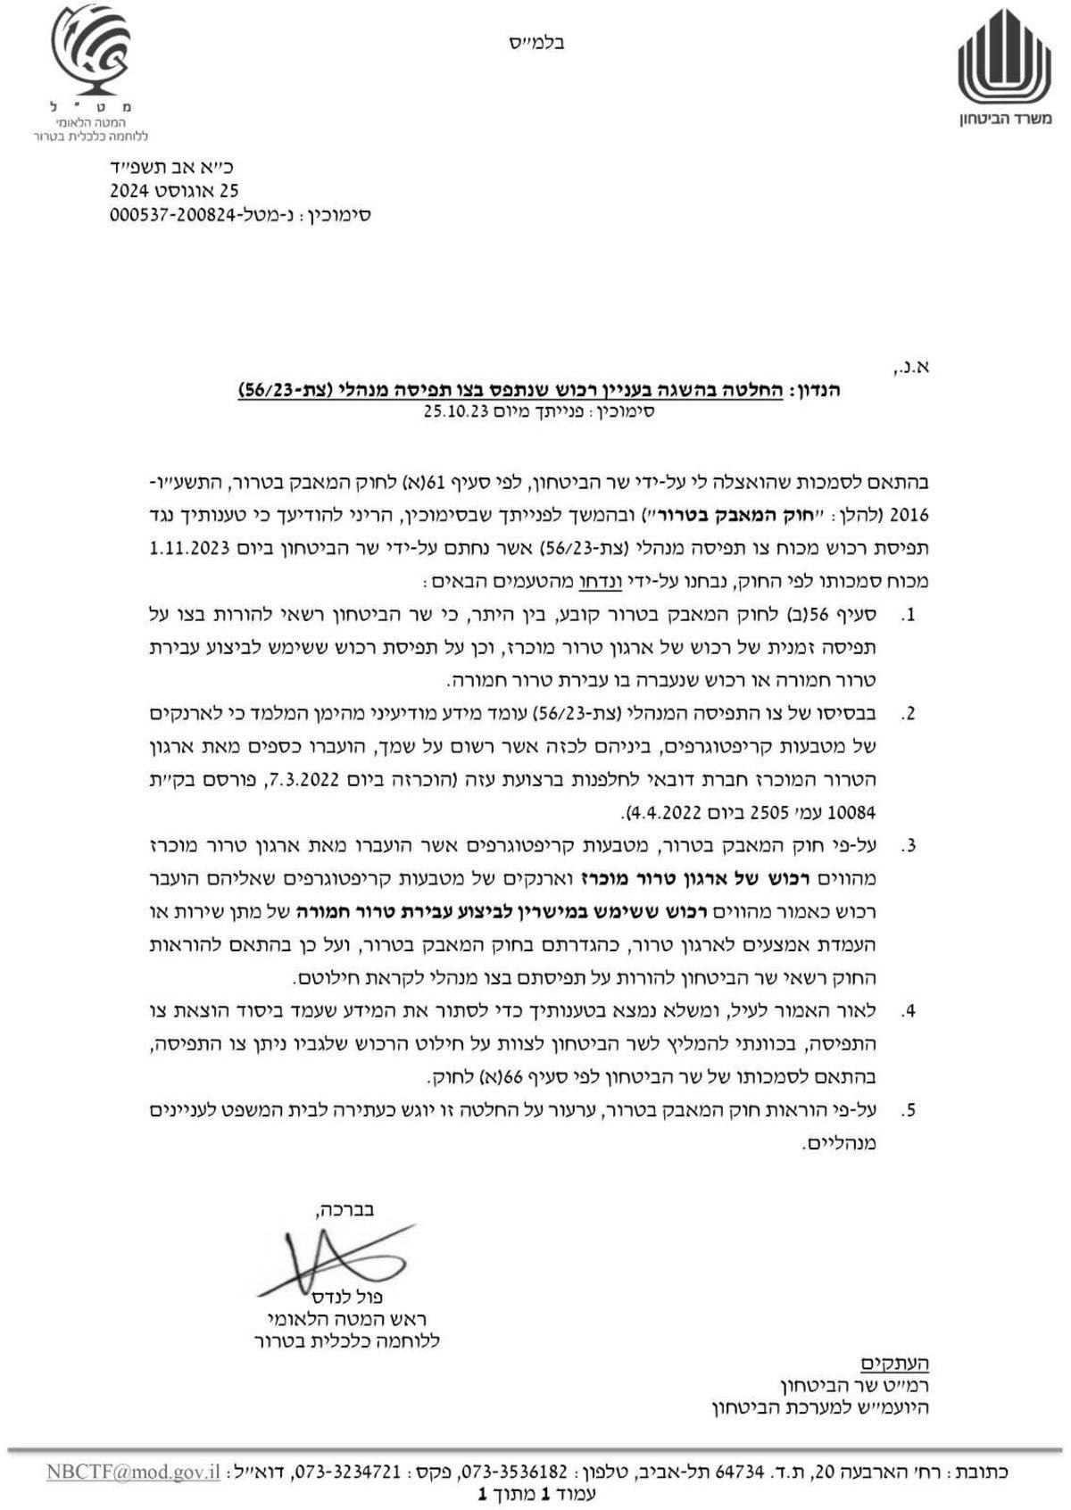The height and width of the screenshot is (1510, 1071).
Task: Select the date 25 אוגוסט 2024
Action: (174, 191)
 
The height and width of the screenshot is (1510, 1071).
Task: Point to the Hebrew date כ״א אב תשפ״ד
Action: (170, 167)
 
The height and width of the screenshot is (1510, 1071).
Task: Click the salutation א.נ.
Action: (912, 367)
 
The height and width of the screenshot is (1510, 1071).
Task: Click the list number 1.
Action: (909, 616)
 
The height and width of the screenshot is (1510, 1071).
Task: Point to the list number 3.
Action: (909, 845)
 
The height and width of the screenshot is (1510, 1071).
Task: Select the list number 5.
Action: (909, 1111)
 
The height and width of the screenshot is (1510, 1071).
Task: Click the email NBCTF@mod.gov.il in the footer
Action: (133, 1472)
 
